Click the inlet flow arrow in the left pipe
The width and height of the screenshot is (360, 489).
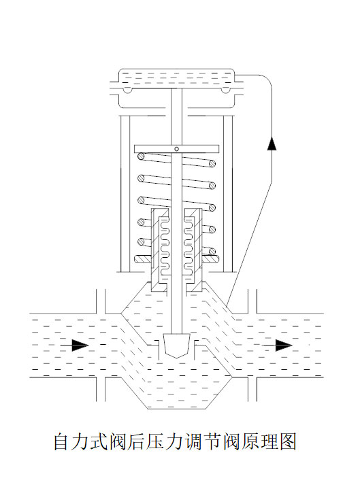75,345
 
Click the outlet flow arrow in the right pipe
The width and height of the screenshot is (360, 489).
277,345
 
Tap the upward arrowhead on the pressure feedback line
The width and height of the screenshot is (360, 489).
272,143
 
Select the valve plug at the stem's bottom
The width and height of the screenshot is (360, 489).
177,345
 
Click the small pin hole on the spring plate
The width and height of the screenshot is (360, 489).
176,149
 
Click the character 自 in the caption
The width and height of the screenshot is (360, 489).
61,441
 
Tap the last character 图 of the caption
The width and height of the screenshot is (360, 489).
288,441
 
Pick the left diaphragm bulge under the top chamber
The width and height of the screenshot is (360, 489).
127,90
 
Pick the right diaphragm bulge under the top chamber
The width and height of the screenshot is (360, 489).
225,90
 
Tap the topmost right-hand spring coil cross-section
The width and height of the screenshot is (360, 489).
212,163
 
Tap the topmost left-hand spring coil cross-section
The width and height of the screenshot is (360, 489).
142,155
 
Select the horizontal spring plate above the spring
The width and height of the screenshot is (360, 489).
176,149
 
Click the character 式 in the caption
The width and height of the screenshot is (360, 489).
99,441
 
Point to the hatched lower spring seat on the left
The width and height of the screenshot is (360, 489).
143,259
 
